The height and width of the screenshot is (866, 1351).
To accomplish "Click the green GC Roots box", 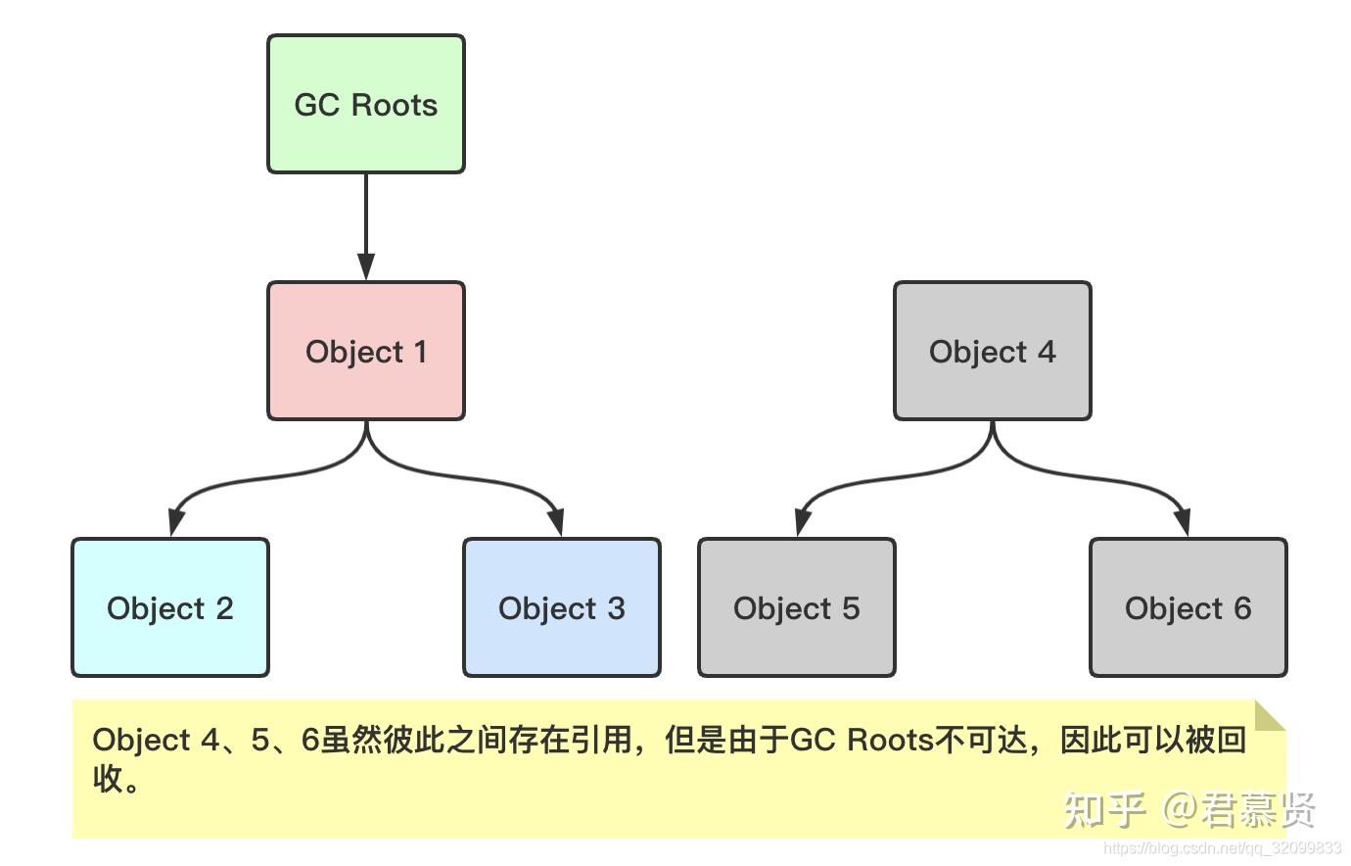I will [365, 105].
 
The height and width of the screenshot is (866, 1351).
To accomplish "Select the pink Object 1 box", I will [365, 351].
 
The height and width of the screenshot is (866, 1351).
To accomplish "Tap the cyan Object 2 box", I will [169, 607].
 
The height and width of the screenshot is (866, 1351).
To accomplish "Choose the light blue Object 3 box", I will [561, 607].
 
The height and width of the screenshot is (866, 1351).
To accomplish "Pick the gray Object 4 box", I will [992, 351].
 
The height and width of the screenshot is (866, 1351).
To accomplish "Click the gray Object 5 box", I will [796, 607].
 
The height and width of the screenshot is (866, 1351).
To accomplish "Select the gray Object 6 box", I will [1188, 607].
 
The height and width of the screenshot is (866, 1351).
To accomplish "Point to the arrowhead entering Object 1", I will [365, 267].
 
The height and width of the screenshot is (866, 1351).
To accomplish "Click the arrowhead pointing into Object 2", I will [175, 521].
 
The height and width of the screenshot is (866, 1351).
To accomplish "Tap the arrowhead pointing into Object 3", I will [556, 521].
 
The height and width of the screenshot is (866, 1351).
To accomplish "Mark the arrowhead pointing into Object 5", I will [802, 521].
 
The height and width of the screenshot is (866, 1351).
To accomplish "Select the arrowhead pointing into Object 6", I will [1183, 521].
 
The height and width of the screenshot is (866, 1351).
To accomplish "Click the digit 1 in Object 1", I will [420, 352].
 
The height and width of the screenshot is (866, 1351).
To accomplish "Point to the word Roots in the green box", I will [394, 105].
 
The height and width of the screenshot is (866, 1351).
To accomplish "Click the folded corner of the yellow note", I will [1269, 716].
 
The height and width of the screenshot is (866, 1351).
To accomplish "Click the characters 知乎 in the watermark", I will [1104, 809].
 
